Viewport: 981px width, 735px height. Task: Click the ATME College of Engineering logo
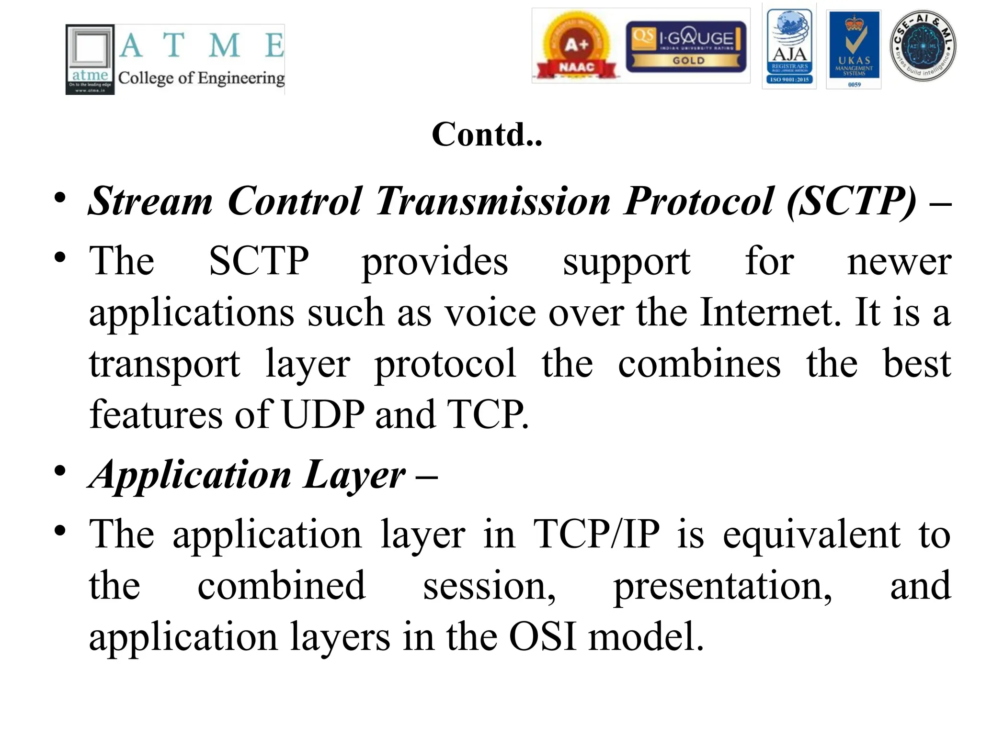[175, 59]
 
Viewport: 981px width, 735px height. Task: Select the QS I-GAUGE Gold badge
[686, 46]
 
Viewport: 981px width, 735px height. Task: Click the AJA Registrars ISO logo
[789, 47]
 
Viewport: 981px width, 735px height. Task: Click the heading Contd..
[487, 134]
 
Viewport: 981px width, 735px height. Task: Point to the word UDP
[323, 414]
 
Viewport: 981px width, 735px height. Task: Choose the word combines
[699, 364]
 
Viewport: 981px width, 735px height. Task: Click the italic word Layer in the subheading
[355, 475]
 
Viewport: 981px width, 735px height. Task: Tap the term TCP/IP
[596, 534]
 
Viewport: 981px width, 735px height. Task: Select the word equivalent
[811, 535]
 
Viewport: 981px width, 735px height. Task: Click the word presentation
[722, 587]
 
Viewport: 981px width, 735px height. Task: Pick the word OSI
[542, 637]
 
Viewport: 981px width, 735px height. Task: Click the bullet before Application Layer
[60, 471]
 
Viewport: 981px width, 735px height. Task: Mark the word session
[489, 587]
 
